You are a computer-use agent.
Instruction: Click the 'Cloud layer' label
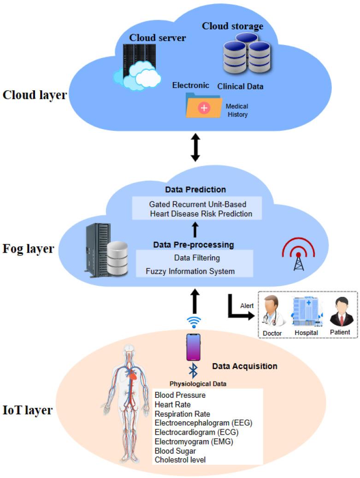point(35,95)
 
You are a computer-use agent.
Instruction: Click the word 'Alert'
point(247,305)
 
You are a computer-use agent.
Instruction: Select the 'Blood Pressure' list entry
point(180,395)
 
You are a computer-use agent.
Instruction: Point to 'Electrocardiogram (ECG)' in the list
point(196,432)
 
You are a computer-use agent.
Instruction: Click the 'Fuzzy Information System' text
point(190,271)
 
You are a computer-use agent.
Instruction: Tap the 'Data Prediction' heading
point(195,189)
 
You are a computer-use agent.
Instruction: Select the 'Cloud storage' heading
point(232,26)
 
